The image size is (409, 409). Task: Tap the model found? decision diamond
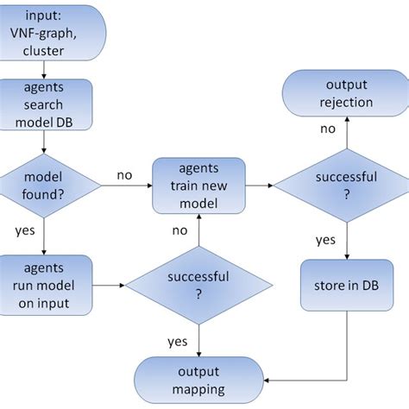tap(44, 186)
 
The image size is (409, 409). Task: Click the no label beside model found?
tap(123, 175)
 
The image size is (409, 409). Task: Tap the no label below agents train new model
tap(179, 231)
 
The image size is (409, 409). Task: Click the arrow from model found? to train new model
tap(121, 186)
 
